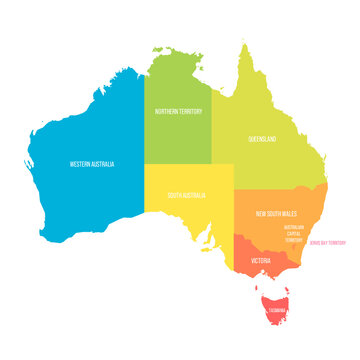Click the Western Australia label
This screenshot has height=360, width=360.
[91, 164]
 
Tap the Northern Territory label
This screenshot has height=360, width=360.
[177, 112]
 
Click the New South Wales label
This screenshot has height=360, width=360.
[275, 213]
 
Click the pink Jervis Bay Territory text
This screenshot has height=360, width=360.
[328, 242]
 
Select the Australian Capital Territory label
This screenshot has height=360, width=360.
[293, 233]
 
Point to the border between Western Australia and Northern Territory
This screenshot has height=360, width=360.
[145, 120]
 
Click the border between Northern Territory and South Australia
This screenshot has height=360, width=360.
[178, 164]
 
